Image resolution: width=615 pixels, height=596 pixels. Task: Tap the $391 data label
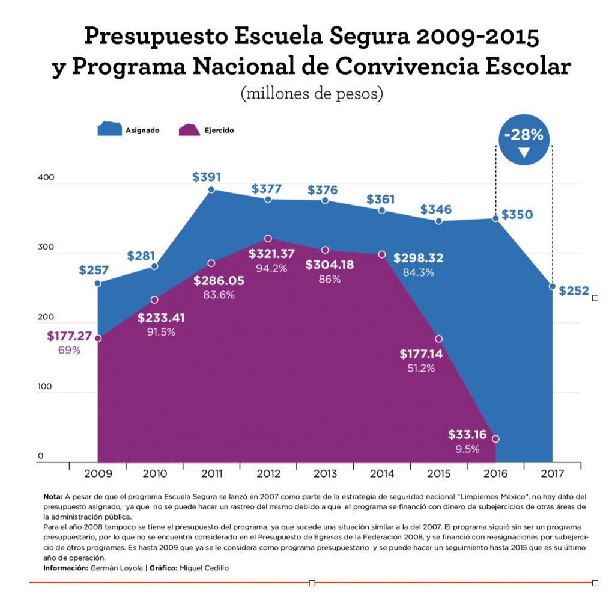[x=207, y=177]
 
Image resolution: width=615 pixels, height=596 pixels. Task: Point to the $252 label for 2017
[x=575, y=290]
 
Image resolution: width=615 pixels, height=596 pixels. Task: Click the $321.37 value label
[x=271, y=254]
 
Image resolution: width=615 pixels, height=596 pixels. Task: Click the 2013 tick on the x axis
[x=325, y=473]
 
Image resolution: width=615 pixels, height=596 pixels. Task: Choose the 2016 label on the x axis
[x=495, y=473]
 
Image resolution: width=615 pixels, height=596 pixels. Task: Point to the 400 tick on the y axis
[x=46, y=178]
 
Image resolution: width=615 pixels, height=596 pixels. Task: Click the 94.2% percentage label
[x=271, y=268]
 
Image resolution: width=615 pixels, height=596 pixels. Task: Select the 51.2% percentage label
[x=421, y=368]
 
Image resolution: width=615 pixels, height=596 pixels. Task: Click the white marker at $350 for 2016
[x=495, y=218]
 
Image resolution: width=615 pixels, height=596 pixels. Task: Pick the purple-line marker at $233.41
[x=154, y=300]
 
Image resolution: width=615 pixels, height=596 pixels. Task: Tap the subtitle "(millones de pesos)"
[x=311, y=94]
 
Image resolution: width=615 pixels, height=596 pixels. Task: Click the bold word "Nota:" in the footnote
[x=53, y=497]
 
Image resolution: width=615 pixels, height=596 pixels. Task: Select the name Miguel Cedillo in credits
[x=210, y=568]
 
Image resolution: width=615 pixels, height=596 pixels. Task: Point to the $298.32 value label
[x=418, y=258]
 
